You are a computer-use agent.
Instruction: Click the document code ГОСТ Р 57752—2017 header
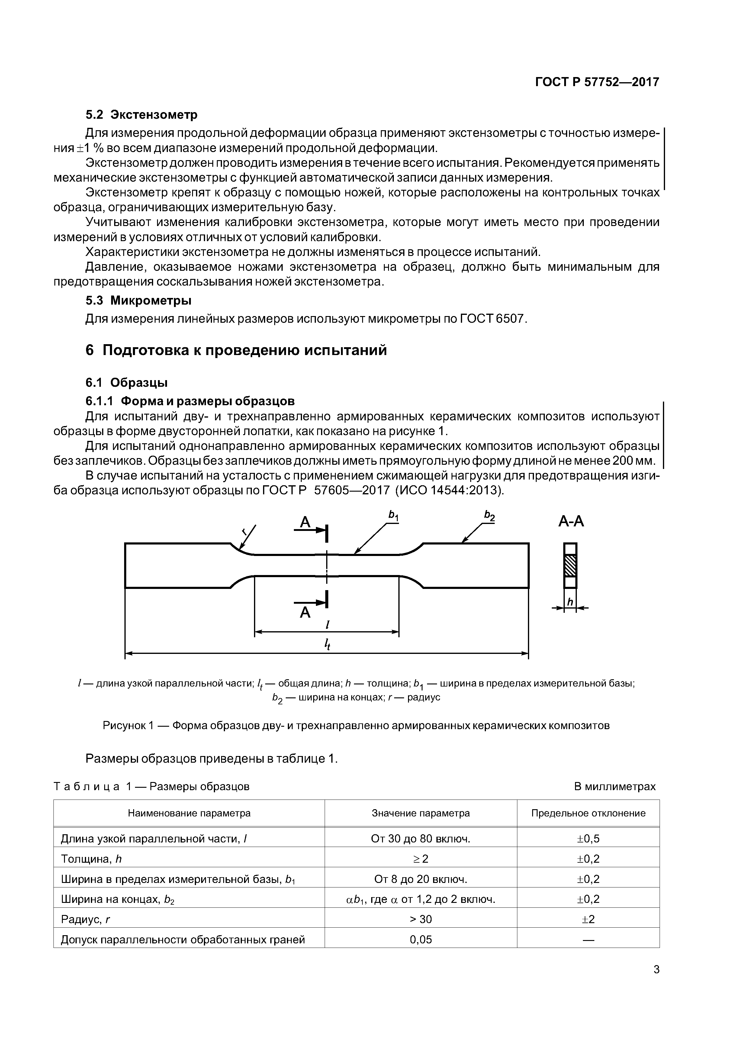pos(597,82)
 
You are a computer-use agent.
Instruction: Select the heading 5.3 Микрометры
pos(138,301)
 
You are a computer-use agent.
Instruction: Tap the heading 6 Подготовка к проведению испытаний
pos(236,351)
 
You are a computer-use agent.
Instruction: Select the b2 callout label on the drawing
pos(489,516)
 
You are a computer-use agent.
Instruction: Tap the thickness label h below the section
pos(570,602)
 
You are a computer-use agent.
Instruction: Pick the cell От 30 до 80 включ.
pos(420,839)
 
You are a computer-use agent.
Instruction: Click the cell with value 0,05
pos(420,939)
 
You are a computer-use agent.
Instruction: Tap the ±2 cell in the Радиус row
pos(588,919)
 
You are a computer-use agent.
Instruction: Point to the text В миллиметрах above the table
pos(614,786)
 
